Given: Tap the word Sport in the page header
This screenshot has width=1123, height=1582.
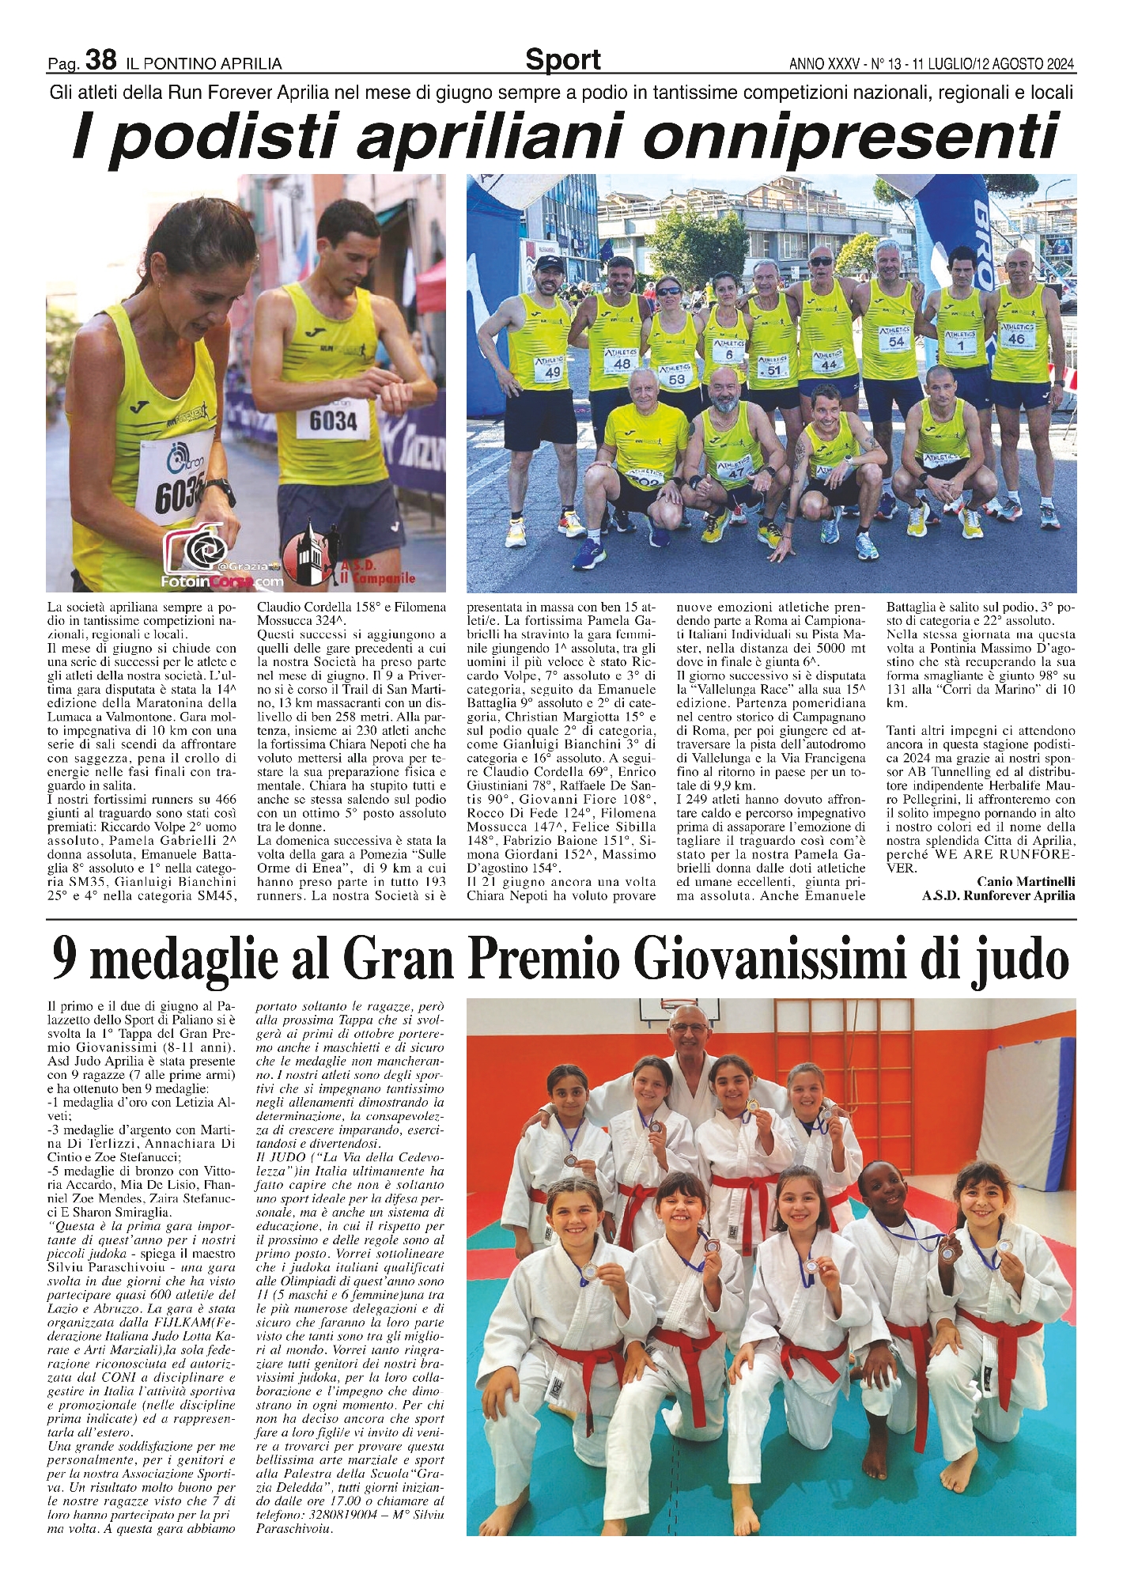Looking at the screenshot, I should point(562,59).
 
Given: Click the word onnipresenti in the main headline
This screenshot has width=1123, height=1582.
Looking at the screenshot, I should point(849,137).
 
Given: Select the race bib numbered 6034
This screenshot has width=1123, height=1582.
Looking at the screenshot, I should point(333,421).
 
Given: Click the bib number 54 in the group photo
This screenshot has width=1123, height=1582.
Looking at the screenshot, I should point(896,342).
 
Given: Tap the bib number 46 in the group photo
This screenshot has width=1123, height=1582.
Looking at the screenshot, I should point(1016,339).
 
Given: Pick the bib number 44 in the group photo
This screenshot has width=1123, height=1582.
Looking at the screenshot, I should point(828,365).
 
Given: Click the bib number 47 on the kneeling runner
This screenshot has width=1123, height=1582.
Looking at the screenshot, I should point(736,472).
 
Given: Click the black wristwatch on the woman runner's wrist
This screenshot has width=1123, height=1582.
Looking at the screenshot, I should point(223,494).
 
